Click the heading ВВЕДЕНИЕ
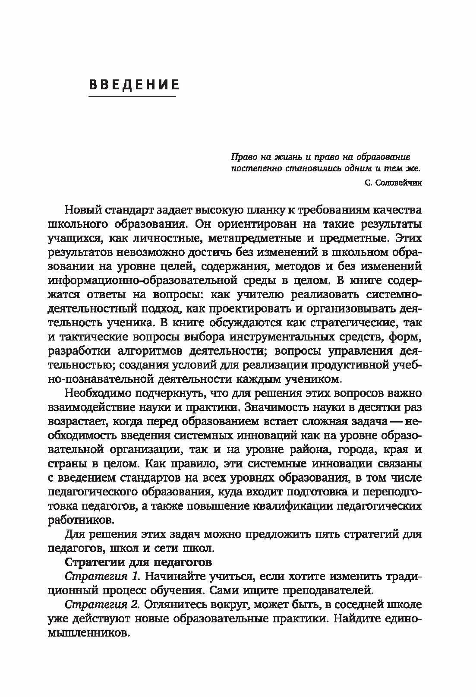click(x=134, y=84)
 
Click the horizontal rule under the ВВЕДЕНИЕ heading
click(x=132, y=96)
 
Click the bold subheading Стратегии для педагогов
click(x=138, y=563)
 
